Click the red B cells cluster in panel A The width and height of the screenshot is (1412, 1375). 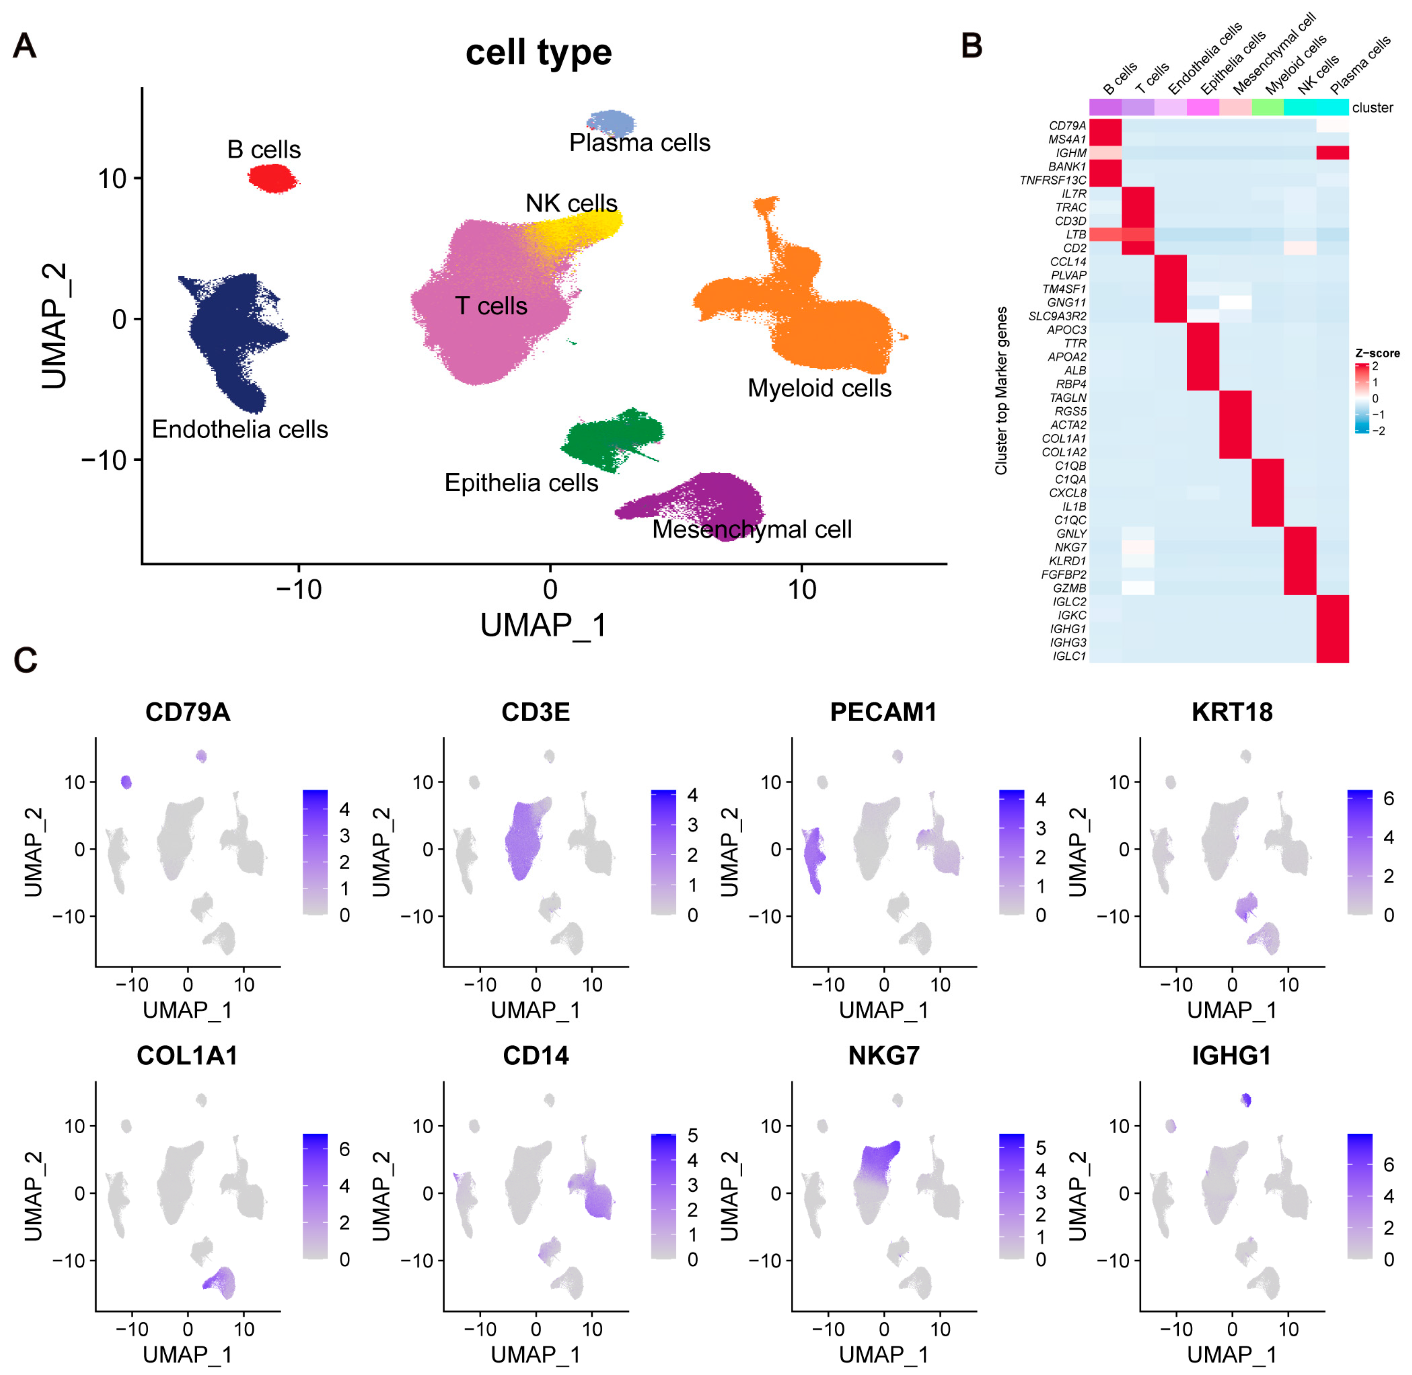click(272, 178)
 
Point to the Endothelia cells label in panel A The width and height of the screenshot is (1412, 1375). click(240, 430)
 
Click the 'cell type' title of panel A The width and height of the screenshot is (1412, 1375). click(539, 53)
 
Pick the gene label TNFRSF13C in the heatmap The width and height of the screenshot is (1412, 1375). click(1052, 180)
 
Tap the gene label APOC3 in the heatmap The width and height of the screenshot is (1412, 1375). click(1066, 330)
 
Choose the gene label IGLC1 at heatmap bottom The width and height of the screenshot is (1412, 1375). click(1068, 656)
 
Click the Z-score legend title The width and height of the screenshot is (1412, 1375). click(1377, 353)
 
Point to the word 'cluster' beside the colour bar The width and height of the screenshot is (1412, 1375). click(1372, 108)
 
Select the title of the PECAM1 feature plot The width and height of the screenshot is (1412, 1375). click(883, 712)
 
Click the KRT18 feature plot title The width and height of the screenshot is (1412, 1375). click(1232, 712)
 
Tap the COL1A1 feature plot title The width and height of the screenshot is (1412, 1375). click(187, 1056)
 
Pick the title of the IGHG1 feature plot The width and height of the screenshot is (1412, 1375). click(1231, 1056)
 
